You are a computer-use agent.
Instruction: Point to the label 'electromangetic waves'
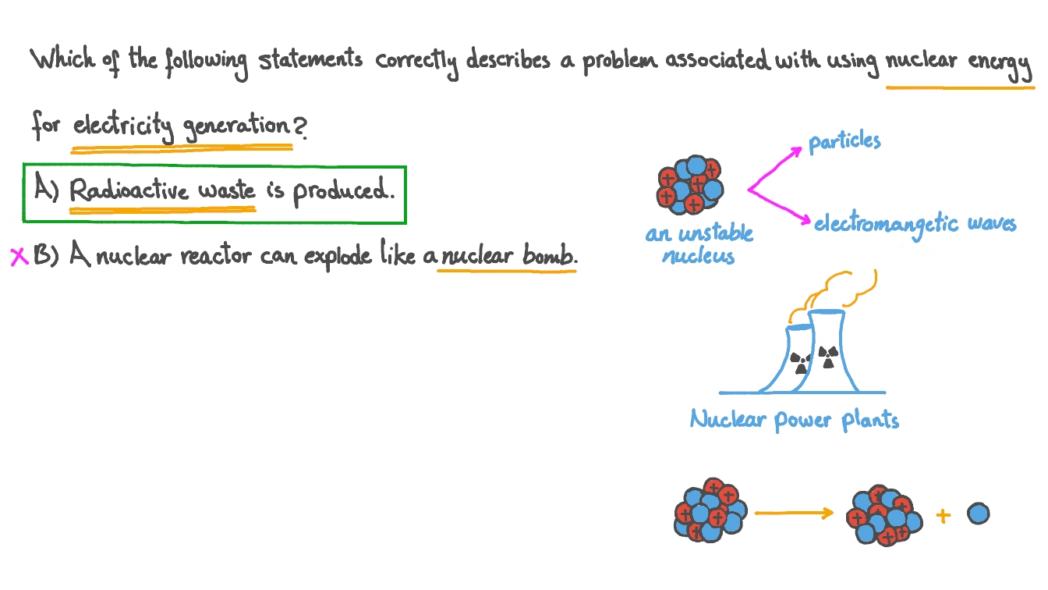[x=915, y=224]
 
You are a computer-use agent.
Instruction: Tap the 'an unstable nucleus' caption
[x=699, y=244]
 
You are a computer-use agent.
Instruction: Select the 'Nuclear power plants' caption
[x=794, y=421]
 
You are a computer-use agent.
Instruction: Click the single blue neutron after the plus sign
[x=978, y=514]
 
